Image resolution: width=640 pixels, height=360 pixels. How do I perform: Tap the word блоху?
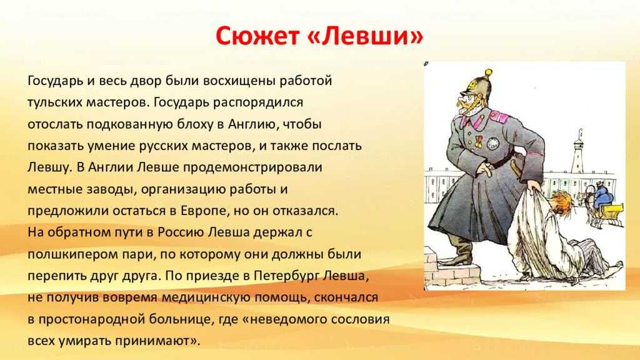coord(195,124)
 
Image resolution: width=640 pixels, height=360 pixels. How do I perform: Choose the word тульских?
coord(55,102)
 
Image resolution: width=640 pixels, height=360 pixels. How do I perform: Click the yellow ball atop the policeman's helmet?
coord(487,73)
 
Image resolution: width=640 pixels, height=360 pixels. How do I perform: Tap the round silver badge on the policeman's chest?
coord(493,143)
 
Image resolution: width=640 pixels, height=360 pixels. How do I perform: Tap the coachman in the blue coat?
coord(602,194)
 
